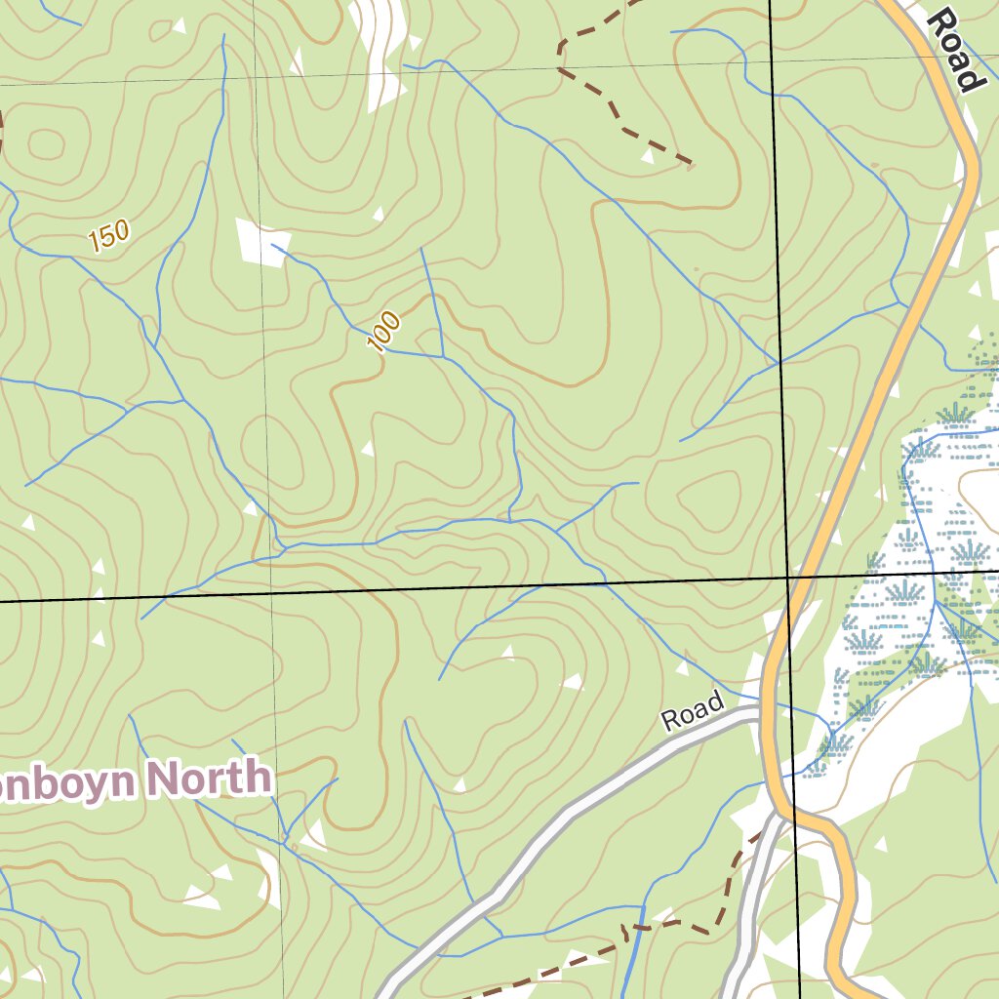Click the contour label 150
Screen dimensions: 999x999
tap(107, 236)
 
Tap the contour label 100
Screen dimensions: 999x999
tap(384, 332)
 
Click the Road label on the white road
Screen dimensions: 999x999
tap(693, 712)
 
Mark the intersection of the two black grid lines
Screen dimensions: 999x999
tap(789, 578)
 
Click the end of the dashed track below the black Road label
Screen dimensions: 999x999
tap(691, 163)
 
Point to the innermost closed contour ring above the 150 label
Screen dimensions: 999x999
tap(46, 144)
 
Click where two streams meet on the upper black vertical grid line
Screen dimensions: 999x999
tap(779, 363)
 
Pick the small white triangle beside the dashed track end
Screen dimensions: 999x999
tap(648, 155)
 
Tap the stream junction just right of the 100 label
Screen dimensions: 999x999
tap(444, 356)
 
